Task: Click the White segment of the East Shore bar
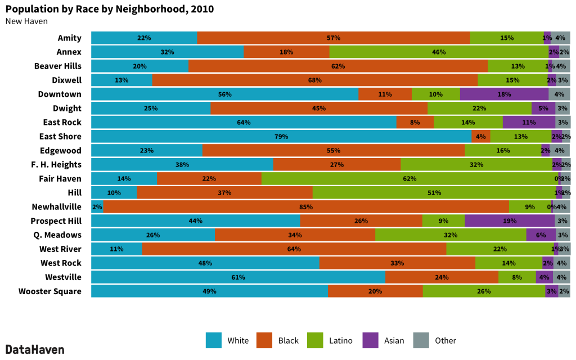281,137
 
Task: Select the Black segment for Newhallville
306,207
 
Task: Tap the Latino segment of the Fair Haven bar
409,179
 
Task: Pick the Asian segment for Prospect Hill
510,221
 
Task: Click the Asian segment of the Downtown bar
504,94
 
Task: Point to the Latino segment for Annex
439,52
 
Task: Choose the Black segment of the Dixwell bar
315,80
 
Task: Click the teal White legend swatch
214,340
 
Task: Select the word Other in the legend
445,340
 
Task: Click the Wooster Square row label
50,291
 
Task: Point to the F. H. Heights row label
56,165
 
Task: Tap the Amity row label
70,38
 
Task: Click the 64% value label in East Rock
244,123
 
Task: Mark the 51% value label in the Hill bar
434,193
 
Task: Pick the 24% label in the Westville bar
442,277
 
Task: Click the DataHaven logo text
35,349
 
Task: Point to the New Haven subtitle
26,21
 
